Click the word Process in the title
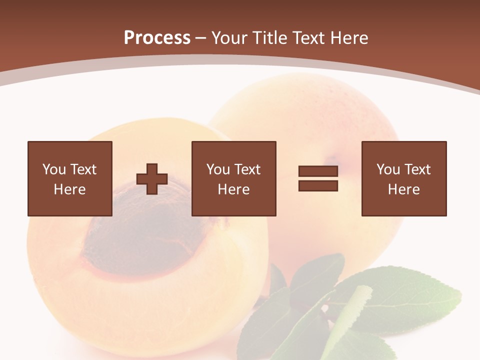[157, 38]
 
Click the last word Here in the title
[348, 38]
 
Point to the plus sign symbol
[152, 179]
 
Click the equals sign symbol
[318, 178]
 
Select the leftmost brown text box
[70, 178]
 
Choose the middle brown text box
[233, 178]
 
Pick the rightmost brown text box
[403, 178]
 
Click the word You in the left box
[54, 169]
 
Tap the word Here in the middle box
[233, 189]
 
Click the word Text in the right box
[417, 169]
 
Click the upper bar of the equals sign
[318, 171]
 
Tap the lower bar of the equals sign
[318, 185]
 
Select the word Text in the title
[308, 38]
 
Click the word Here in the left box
[70, 189]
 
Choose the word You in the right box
[388, 169]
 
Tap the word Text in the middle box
[247, 169]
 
